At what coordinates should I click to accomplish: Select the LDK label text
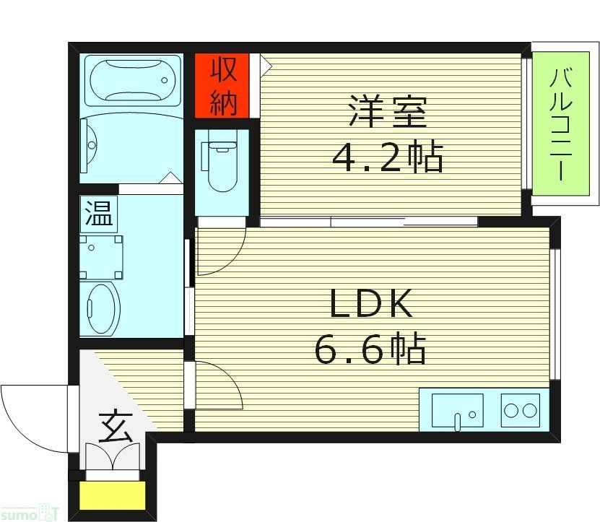tap(371, 304)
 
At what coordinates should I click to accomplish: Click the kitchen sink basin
tap(456, 410)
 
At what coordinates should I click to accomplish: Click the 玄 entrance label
tap(114, 427)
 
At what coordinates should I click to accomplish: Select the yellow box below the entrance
tap(113, 495)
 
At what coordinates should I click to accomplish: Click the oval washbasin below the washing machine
tap(102, 308)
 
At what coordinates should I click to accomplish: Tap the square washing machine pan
tap(100, 257)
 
